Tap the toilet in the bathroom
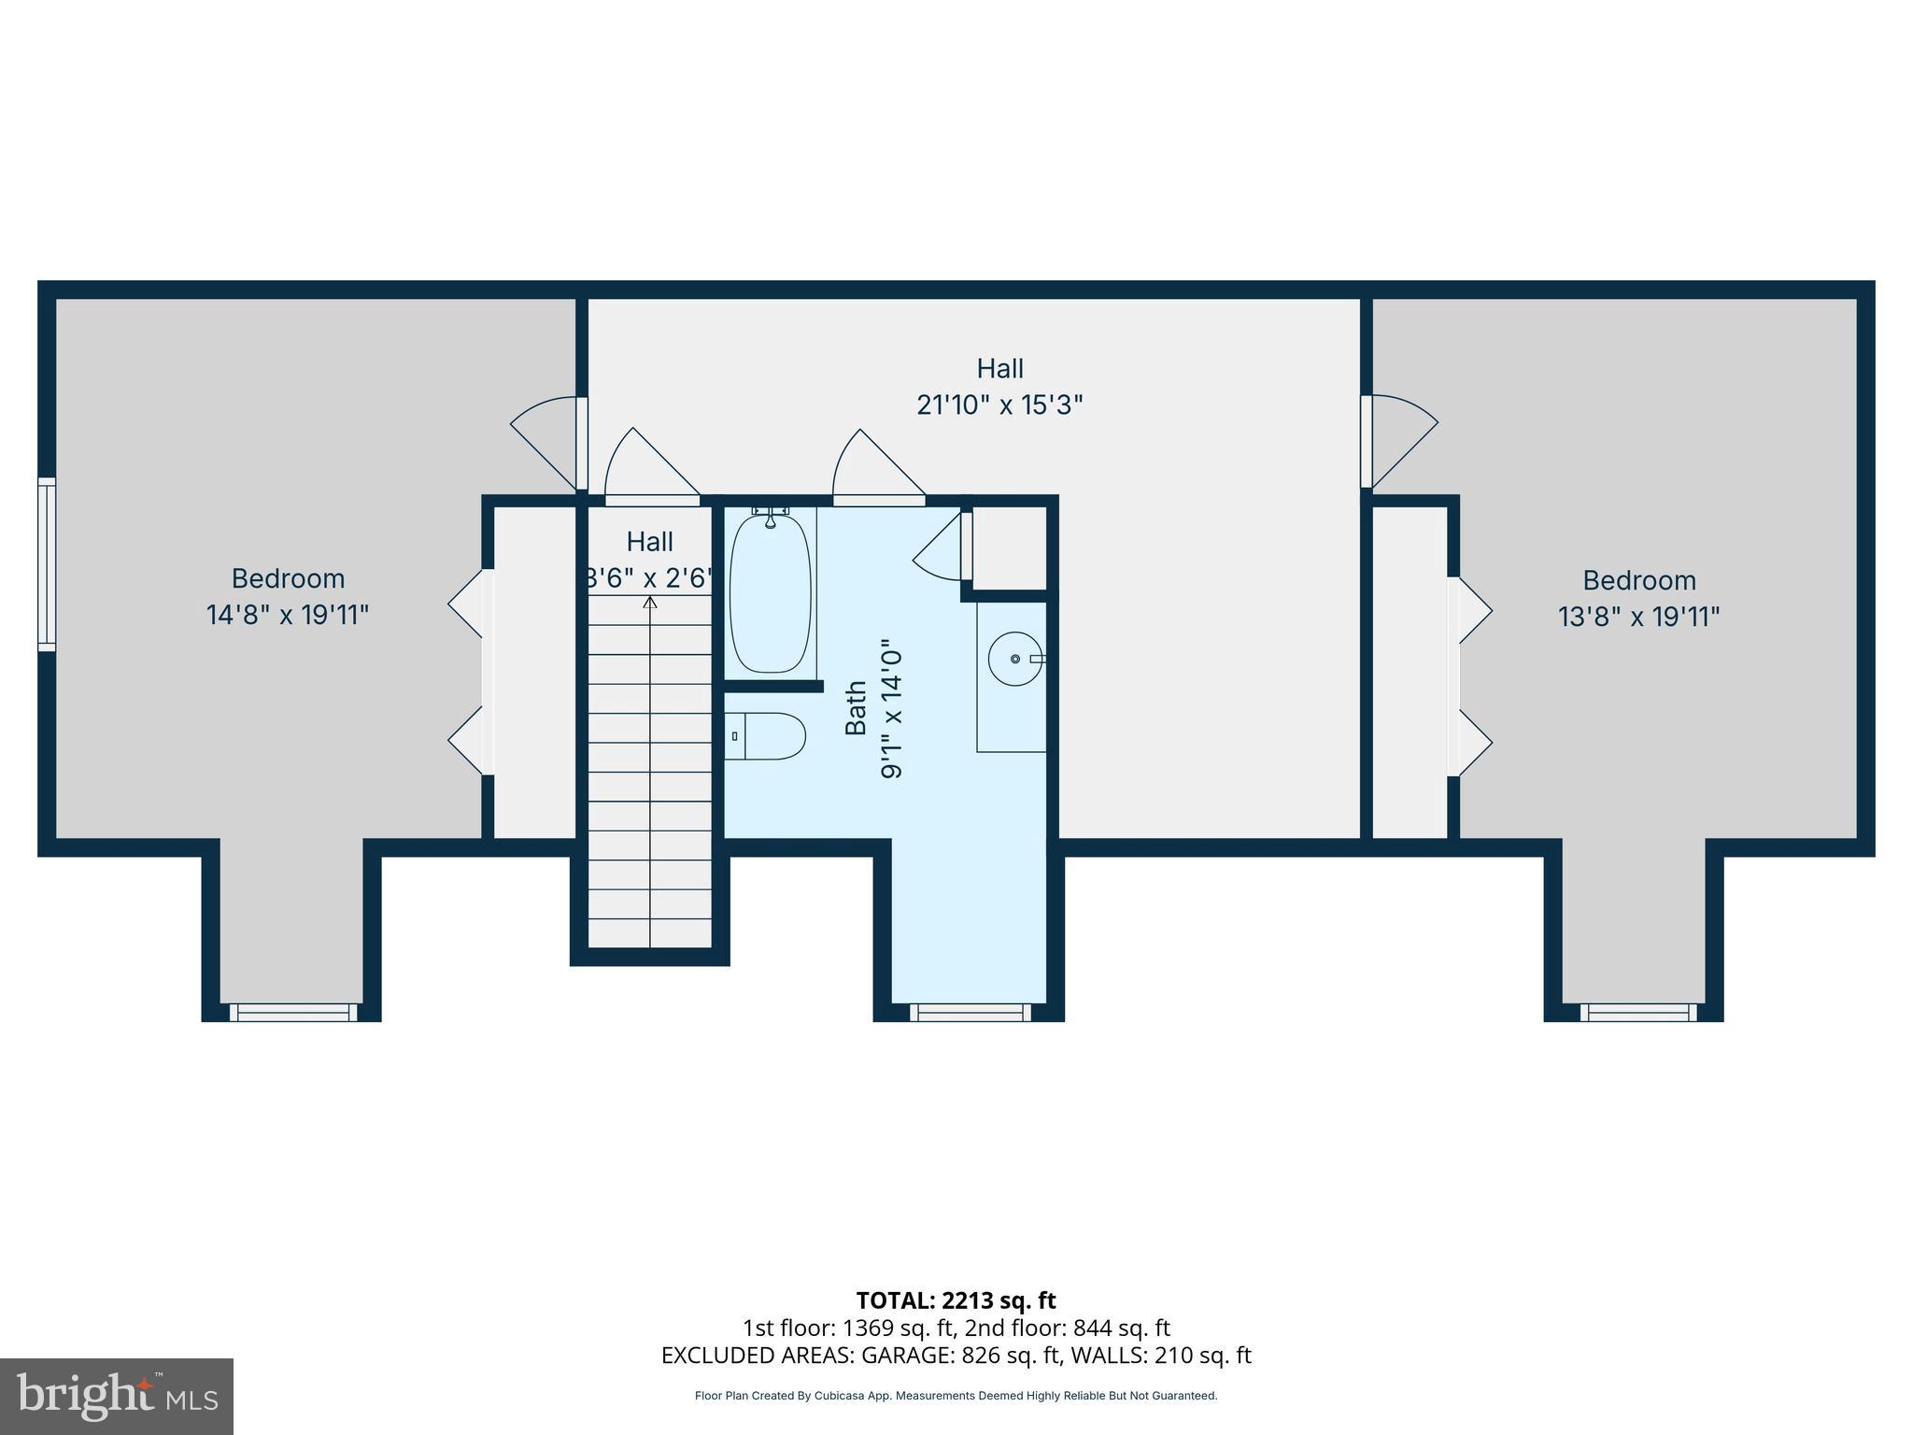point(766,736)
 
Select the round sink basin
point(1014,659)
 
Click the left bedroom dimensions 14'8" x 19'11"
point(288,615)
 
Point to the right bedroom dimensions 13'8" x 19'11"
point(1638,617)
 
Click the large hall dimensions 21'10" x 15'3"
point(999,405)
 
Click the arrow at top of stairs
point(650,603)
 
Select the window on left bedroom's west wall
point(47,563)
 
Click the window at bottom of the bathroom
point(970,1012)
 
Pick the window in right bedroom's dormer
point(1638,1012)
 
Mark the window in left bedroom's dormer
point(293,1012)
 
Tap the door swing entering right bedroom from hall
point(1401,439)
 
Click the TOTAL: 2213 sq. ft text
point(956,1300)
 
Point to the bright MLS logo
point(117,1396)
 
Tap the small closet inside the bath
point(1009,547)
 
